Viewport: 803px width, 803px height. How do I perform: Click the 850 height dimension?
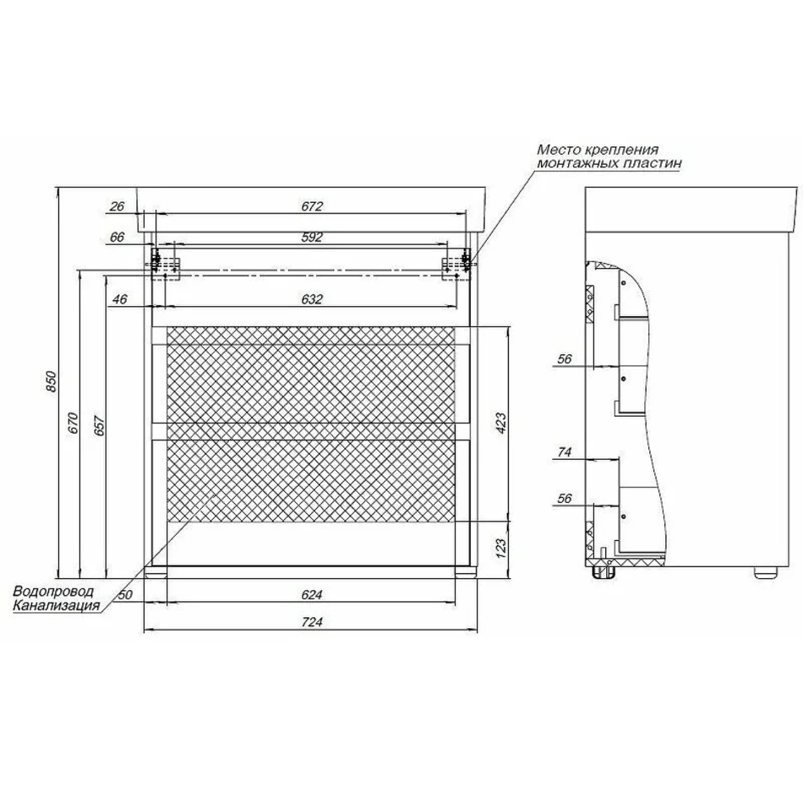(x=52, y=381)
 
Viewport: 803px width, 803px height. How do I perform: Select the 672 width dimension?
(x=312, y=206)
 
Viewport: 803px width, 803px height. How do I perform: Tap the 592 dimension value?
(x=312, y=238)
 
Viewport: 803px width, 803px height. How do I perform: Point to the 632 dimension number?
(x=312, y=298)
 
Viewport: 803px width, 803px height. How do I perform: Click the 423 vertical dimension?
(x=500, y=423)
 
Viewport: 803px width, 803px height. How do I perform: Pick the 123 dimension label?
(x=500, y=548)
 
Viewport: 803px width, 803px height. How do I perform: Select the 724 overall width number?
(x=312, y=622)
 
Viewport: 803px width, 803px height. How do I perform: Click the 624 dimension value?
(x=312, y=594)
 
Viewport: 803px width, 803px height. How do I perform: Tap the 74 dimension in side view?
(x=565, y=451)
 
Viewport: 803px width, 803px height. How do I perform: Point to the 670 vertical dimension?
(x=74, y=423)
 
